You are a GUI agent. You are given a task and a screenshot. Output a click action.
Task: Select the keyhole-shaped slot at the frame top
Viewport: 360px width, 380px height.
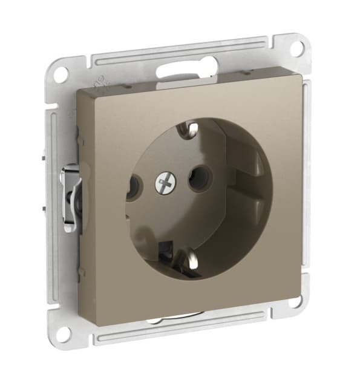(182, 68)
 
